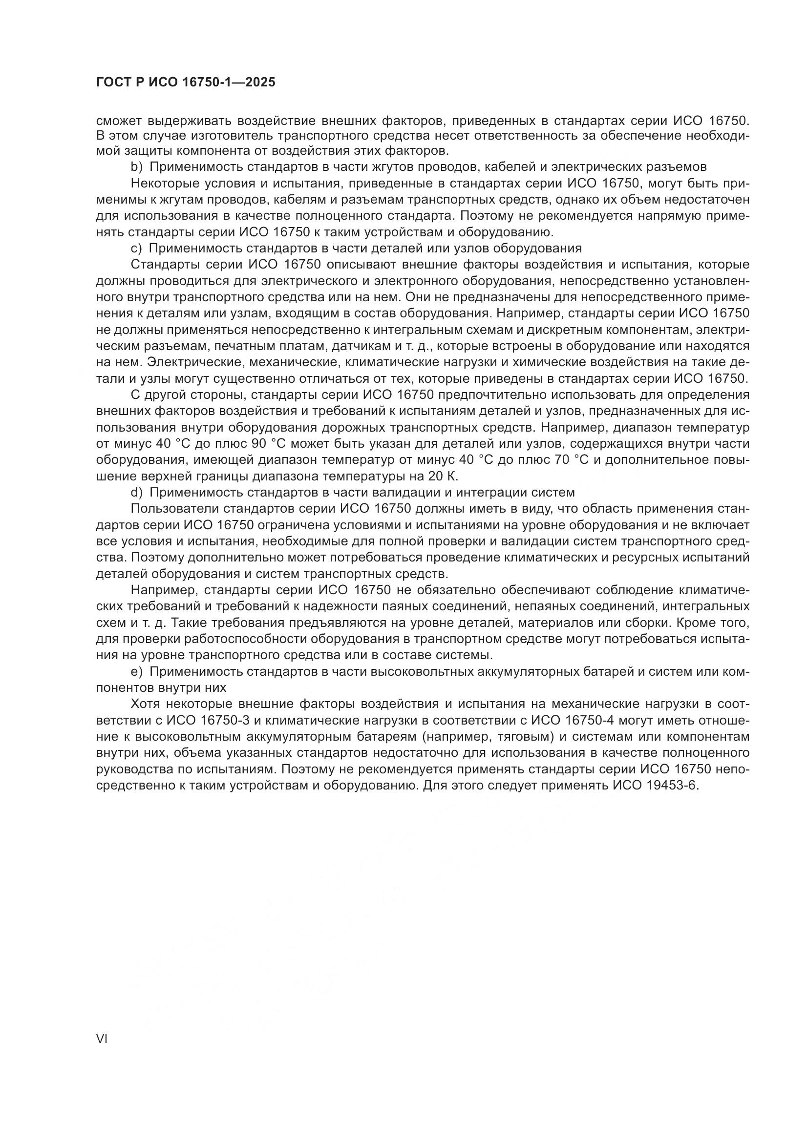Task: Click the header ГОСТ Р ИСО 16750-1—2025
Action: [185, 83]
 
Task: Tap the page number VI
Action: [102, 1039]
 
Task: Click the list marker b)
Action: [137, 166]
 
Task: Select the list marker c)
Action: [137, 248]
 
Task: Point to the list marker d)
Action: [137, 493]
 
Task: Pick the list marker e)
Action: [137, 672]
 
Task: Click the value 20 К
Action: [442, 477]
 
